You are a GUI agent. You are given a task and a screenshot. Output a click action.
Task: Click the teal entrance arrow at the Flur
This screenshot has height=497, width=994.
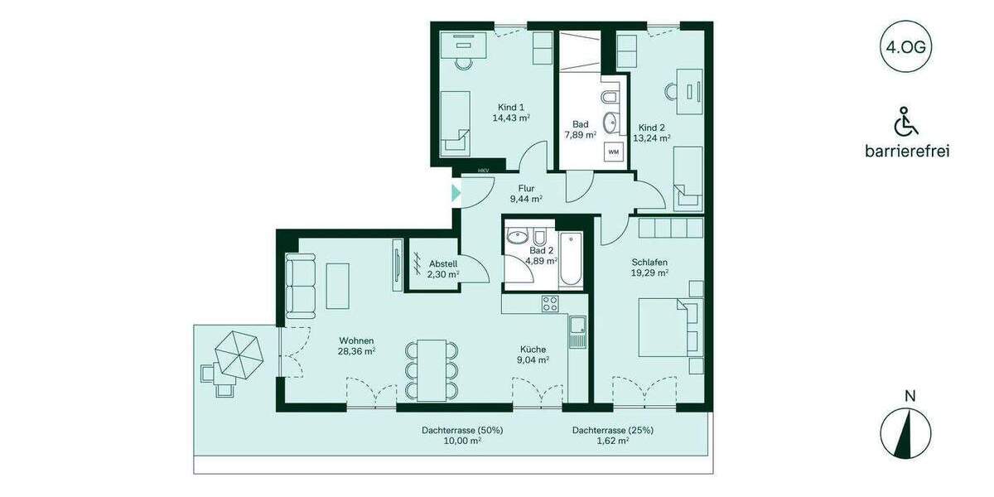(456, 195)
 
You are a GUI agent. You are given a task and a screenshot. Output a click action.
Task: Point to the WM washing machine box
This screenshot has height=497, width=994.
(614, 152)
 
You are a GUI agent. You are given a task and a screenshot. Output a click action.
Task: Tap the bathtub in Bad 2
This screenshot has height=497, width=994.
(572, 261)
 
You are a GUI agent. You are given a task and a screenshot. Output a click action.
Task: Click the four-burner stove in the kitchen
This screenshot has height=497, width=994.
(551, 304)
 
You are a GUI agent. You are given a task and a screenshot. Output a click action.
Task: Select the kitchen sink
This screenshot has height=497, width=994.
(577, 331)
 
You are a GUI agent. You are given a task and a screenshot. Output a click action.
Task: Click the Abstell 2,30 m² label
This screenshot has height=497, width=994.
(443, 269)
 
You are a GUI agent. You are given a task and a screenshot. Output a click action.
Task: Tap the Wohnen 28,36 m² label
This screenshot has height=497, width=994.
(356, 345)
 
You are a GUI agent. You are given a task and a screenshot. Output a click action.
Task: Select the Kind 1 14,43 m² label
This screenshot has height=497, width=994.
(510, 113)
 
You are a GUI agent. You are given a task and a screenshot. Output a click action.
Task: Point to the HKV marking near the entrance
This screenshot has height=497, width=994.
(483, 171)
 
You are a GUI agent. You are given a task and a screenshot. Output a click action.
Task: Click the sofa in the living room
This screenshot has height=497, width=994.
(301, 286)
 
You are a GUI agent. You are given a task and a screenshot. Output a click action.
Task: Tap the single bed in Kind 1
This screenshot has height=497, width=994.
(455, 123)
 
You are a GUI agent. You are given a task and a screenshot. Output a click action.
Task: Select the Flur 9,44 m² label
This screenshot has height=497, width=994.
(525, 194)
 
